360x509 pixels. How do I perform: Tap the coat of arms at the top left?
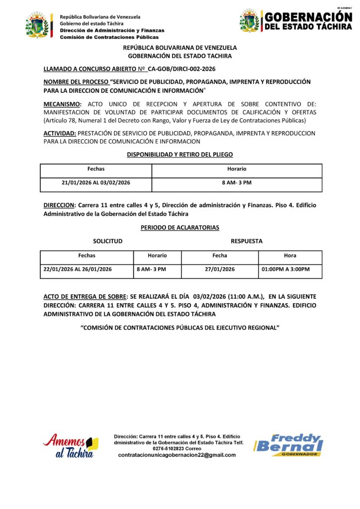(38, 25)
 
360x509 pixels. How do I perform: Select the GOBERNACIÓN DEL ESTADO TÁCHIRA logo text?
(308, 21)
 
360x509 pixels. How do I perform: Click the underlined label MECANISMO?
(63, 104)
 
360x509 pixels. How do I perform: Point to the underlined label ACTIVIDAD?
(60, 133)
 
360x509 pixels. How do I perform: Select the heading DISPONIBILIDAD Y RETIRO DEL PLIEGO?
(180, 155)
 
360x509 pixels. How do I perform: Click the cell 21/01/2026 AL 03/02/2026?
(96, 183)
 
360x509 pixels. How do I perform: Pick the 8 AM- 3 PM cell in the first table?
(237, 183)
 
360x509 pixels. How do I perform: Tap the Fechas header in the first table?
(96, 169)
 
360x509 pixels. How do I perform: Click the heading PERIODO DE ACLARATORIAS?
(180, 228)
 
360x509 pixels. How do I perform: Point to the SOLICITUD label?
(107, 242)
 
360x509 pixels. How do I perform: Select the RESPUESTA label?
(247, 242)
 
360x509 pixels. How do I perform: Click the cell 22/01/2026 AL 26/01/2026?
(78, 269)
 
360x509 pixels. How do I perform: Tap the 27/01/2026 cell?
(220, 269)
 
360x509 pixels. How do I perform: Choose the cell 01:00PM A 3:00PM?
(285, 269)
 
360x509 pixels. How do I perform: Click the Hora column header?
(290, 256)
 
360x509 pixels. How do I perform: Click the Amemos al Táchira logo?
(70, 445)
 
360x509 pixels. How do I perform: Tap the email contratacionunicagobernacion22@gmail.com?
(180, 455)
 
